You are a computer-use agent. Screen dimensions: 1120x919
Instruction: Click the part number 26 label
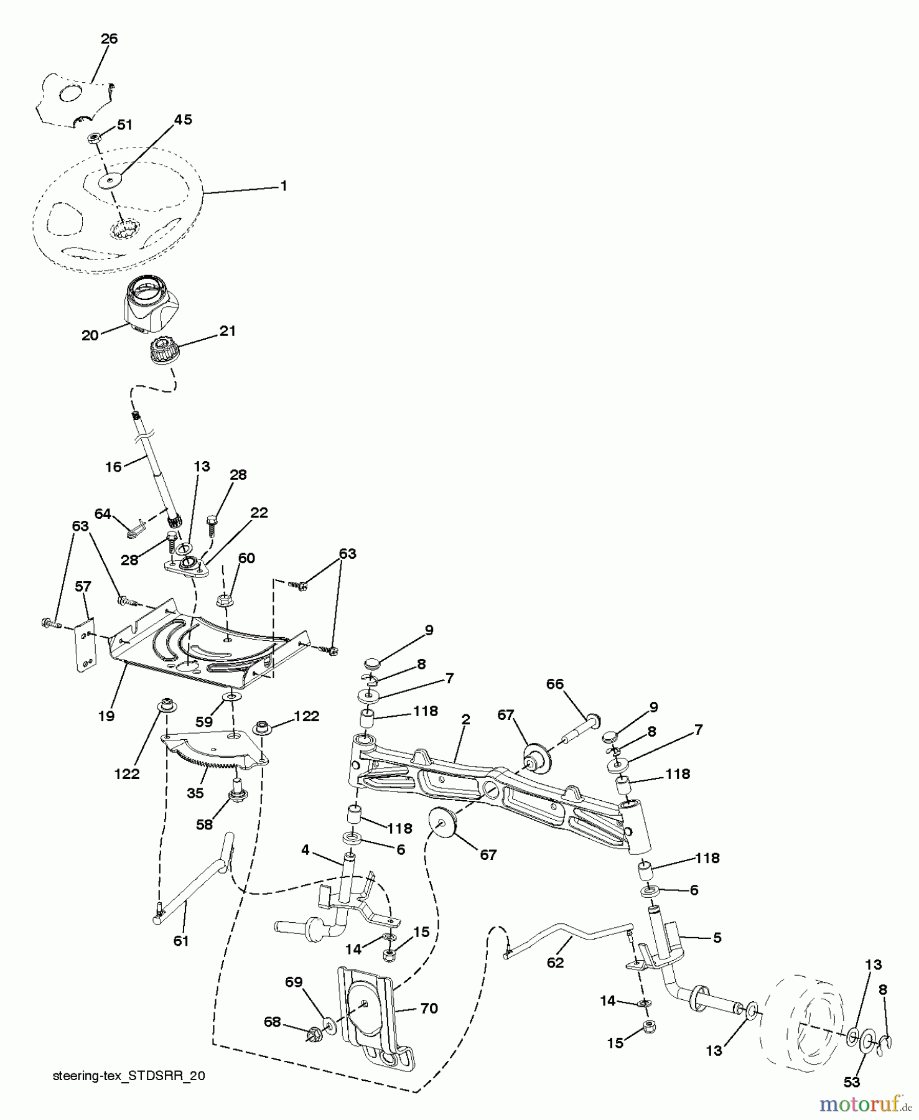(109, 39)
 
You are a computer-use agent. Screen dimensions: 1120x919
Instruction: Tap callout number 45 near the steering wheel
(182, 119)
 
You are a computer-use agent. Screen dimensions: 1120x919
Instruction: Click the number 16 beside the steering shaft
(113, 467)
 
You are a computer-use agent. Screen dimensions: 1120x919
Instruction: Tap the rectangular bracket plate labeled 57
(85, 646)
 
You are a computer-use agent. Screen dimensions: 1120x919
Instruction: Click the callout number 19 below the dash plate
(106, 716)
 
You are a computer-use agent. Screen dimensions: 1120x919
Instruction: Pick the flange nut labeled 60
(225, 601)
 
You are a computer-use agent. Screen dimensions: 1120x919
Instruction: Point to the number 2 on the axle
(465, 720)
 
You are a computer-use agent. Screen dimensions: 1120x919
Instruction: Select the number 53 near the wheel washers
(851, 1082)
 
